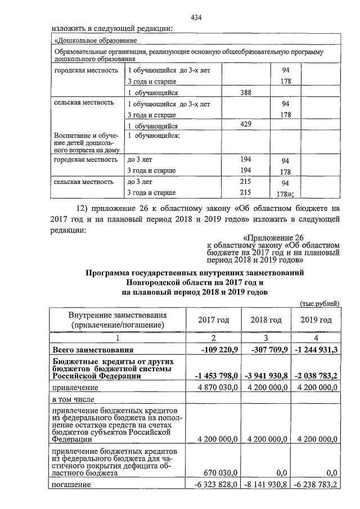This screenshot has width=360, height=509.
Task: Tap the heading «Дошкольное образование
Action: point(92,41)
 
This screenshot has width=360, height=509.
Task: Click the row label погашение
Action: point(71,484)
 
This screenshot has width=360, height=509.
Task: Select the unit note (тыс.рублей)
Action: point(319,304)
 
